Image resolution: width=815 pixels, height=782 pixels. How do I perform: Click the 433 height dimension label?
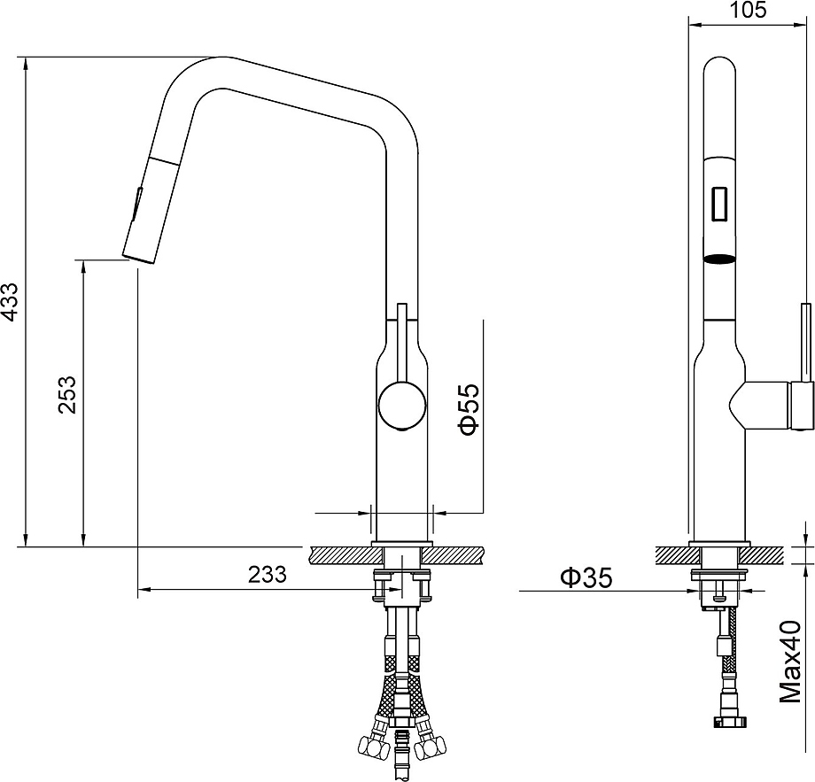(x=11, y=301)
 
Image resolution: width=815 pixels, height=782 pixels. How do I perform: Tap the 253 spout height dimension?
(x=67, y=395)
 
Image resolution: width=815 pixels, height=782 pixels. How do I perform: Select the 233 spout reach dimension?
(x=268, y=574)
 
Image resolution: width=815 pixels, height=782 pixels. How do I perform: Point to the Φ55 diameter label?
(x=468, y=409)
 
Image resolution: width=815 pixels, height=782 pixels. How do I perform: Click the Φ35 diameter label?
(x=586, y=577)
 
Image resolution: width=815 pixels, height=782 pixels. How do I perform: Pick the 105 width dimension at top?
(x=748, y=10)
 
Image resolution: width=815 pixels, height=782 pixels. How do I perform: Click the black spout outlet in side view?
(x=720, y=259)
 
